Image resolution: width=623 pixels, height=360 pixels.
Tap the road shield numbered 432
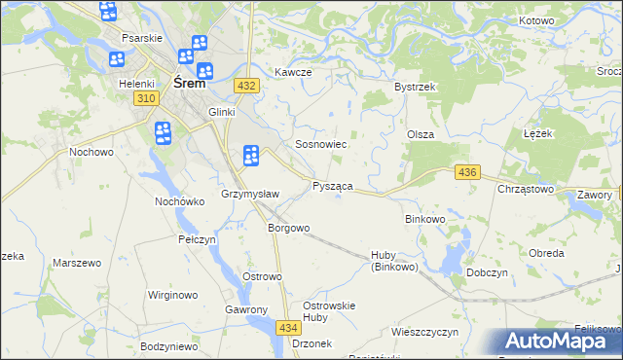tap(246, 87)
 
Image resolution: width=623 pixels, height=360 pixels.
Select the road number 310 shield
tap(147, 99)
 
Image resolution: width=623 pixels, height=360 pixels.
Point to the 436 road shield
tap(467, 172)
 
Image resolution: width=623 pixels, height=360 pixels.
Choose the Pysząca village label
tap(332, 186)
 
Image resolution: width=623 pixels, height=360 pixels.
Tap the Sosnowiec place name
tap(309, 144)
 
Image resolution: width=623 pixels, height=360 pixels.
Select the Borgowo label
tap(288, 229)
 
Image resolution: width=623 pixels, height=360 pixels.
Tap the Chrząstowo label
tap(526, 190)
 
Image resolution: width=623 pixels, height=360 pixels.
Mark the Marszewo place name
tap(78, 264)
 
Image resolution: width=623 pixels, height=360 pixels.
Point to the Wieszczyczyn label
tap(424, 332)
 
